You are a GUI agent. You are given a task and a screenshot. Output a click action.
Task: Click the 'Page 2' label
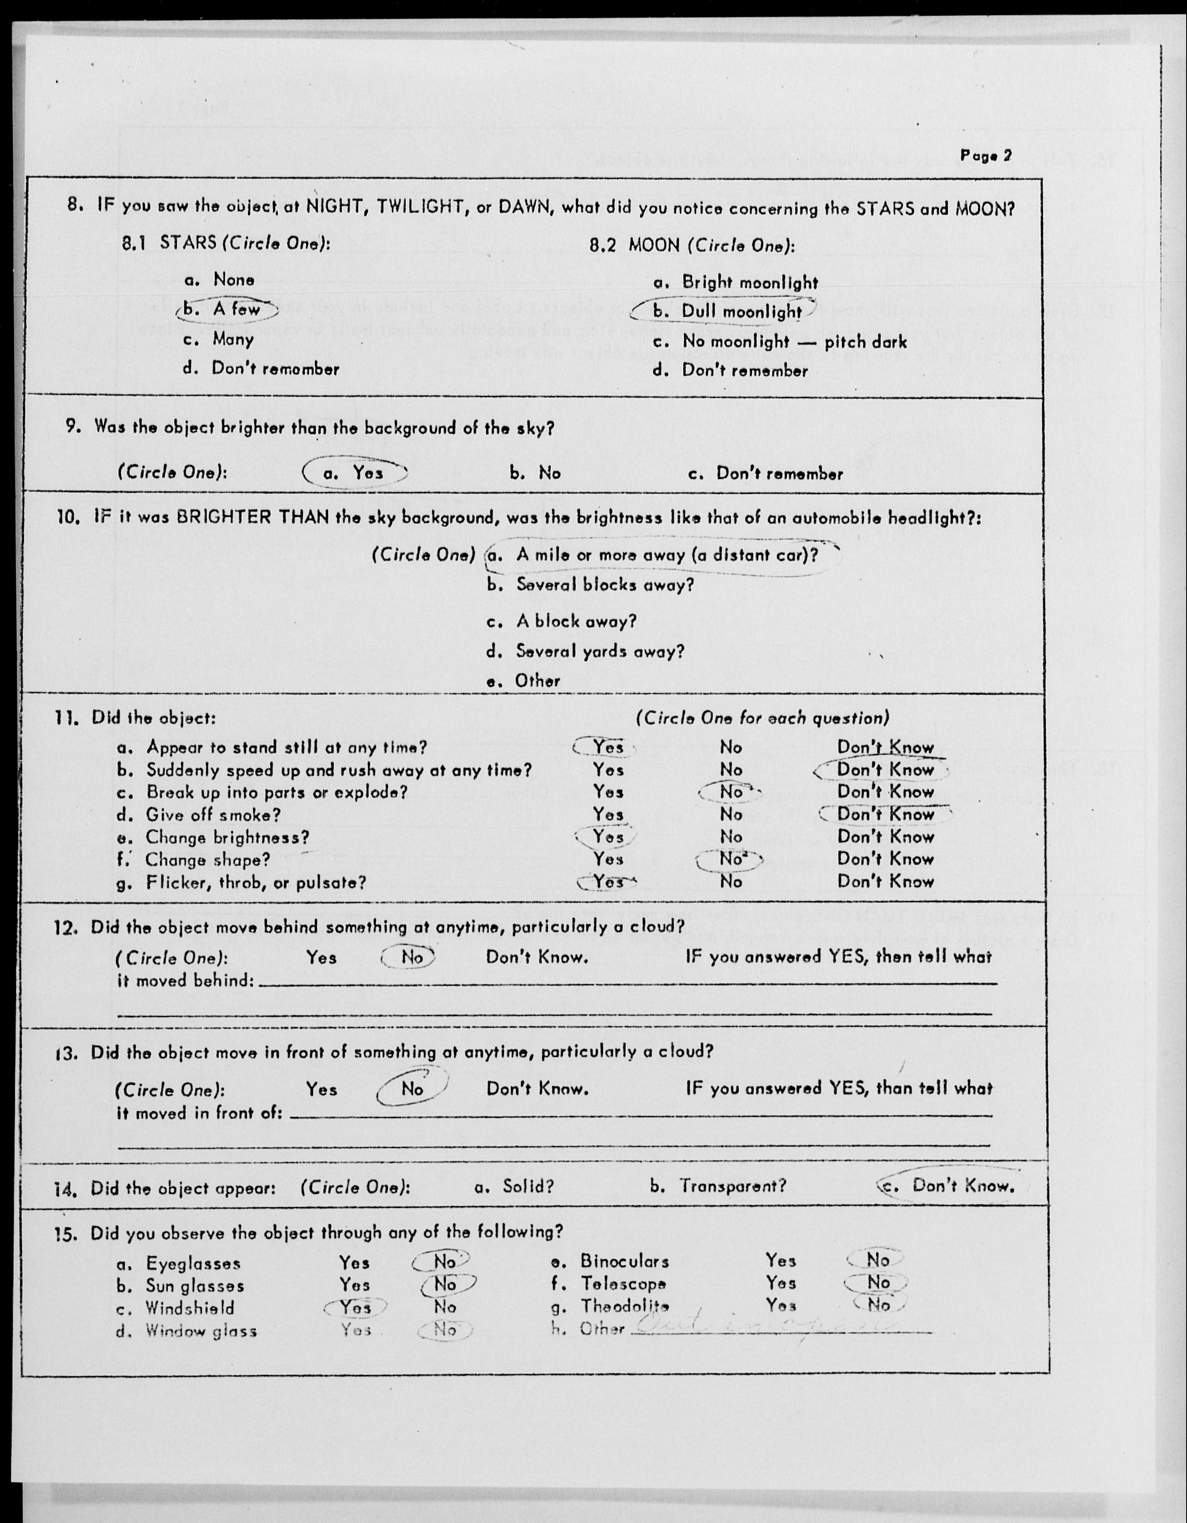[x=985, y=156]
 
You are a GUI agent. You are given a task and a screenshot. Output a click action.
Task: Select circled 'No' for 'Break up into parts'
[x=731, y=792]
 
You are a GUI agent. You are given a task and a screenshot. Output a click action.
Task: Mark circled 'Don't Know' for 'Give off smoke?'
[x=885, y=815]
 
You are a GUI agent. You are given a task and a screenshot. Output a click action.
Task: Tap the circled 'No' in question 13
[x=411, y=1089]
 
